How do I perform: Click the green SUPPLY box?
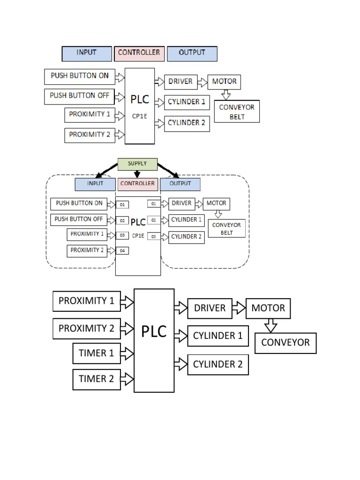coord(137,164)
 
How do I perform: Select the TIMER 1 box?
coord(96,353)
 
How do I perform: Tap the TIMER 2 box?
coord(96,379)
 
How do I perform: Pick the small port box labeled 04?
coord(122,251)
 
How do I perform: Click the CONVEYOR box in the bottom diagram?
coord(285,343)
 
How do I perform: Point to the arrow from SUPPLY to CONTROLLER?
coord(137,174)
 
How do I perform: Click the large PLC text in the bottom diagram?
coord(154,332)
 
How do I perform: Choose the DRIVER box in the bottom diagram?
coord(210,308)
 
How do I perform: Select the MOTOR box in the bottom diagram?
coord(268,308)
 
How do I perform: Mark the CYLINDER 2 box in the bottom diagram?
coord(218,364)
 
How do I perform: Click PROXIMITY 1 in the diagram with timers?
coord(86,301)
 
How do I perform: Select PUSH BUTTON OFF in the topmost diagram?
coord(79,96)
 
